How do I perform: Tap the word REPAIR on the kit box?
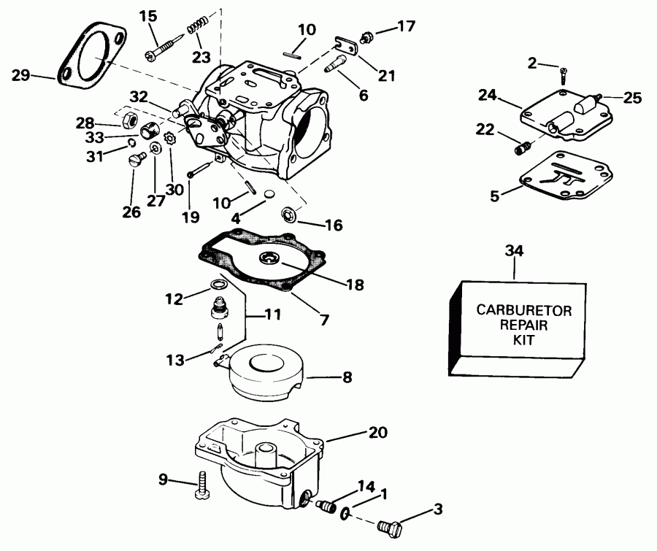(523, 325)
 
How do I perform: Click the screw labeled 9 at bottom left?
(202, 488)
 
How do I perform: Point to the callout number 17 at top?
(406, 26)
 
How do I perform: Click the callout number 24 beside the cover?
(488, 94)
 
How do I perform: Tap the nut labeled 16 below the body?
(289, 215)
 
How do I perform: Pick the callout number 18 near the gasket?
(354, 285)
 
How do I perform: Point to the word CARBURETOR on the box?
(523, 310)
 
